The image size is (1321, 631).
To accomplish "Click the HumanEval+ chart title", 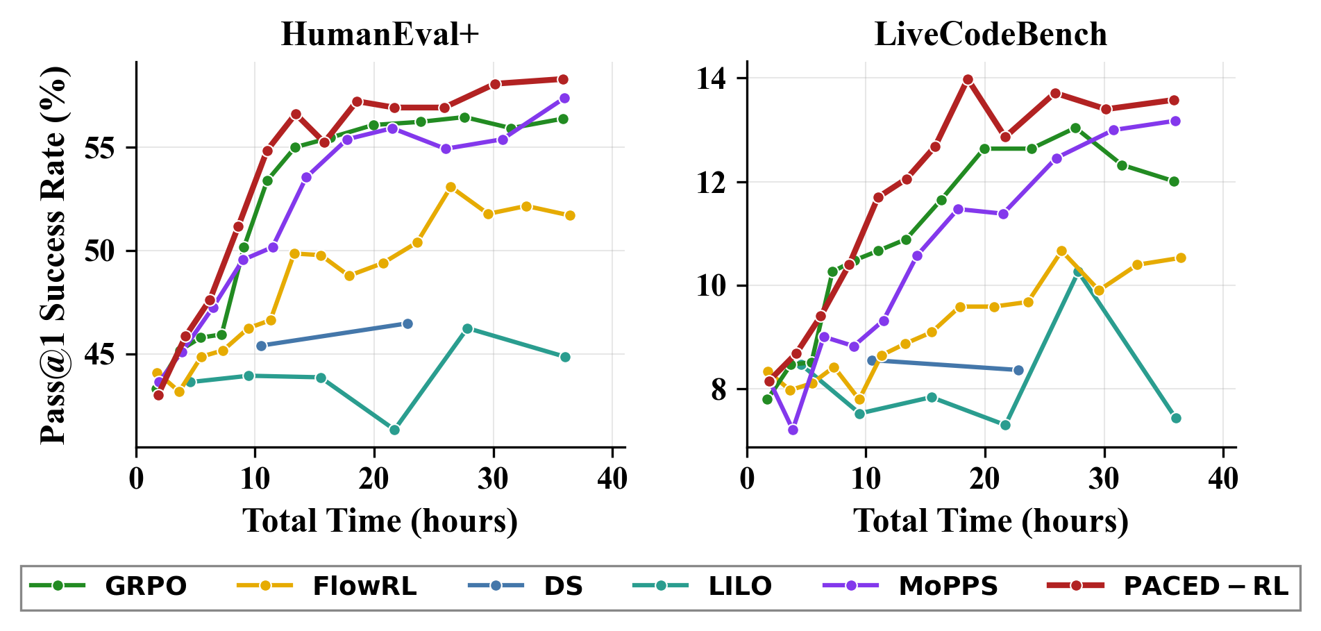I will coord(380,35).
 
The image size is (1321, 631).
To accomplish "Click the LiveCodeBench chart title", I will coord(991,35).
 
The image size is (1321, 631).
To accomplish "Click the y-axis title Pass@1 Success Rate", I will coord(53,255).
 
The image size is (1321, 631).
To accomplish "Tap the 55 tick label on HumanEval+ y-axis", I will coord(99,148).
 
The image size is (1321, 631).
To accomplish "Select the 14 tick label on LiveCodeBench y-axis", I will coord(712,78).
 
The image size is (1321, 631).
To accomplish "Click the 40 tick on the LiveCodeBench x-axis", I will coord(1222,479).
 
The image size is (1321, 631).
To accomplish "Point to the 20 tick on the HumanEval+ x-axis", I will coord(374,479).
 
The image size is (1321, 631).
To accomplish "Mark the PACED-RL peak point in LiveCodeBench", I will coord(968,80).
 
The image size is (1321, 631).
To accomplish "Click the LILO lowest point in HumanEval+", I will coord(394,430).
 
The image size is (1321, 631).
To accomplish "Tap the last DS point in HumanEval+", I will coord(407,323).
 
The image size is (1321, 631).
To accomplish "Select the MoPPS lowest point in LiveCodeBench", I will coord(793,430).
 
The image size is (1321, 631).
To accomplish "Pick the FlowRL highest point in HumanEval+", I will coord(451,187).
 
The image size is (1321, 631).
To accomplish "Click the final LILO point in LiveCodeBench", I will coord(1176,418).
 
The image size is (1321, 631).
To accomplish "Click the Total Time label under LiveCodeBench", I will coord(991,521).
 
